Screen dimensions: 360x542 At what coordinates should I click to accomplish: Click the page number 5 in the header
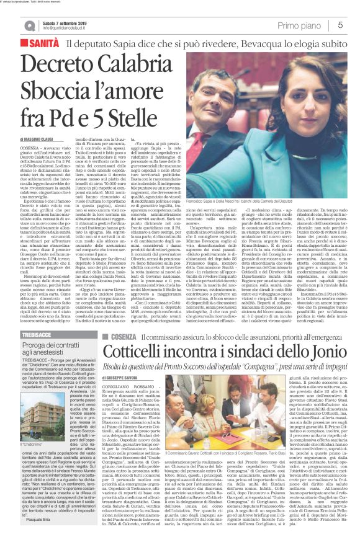[341, 24]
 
